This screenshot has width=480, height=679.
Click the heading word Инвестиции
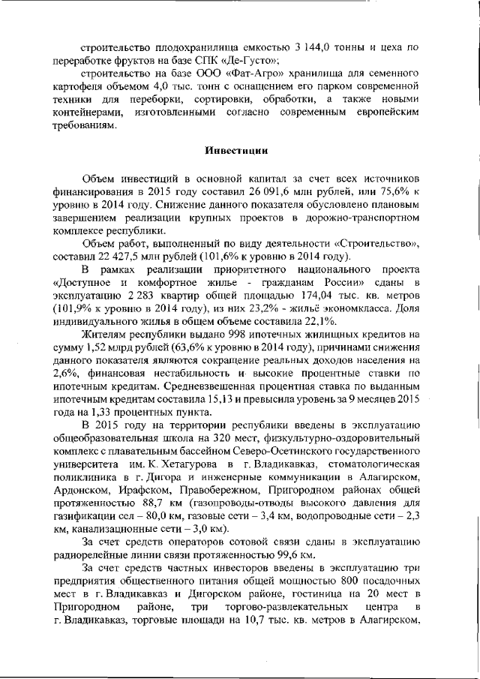pyautogui.click(x=237, y=149)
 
